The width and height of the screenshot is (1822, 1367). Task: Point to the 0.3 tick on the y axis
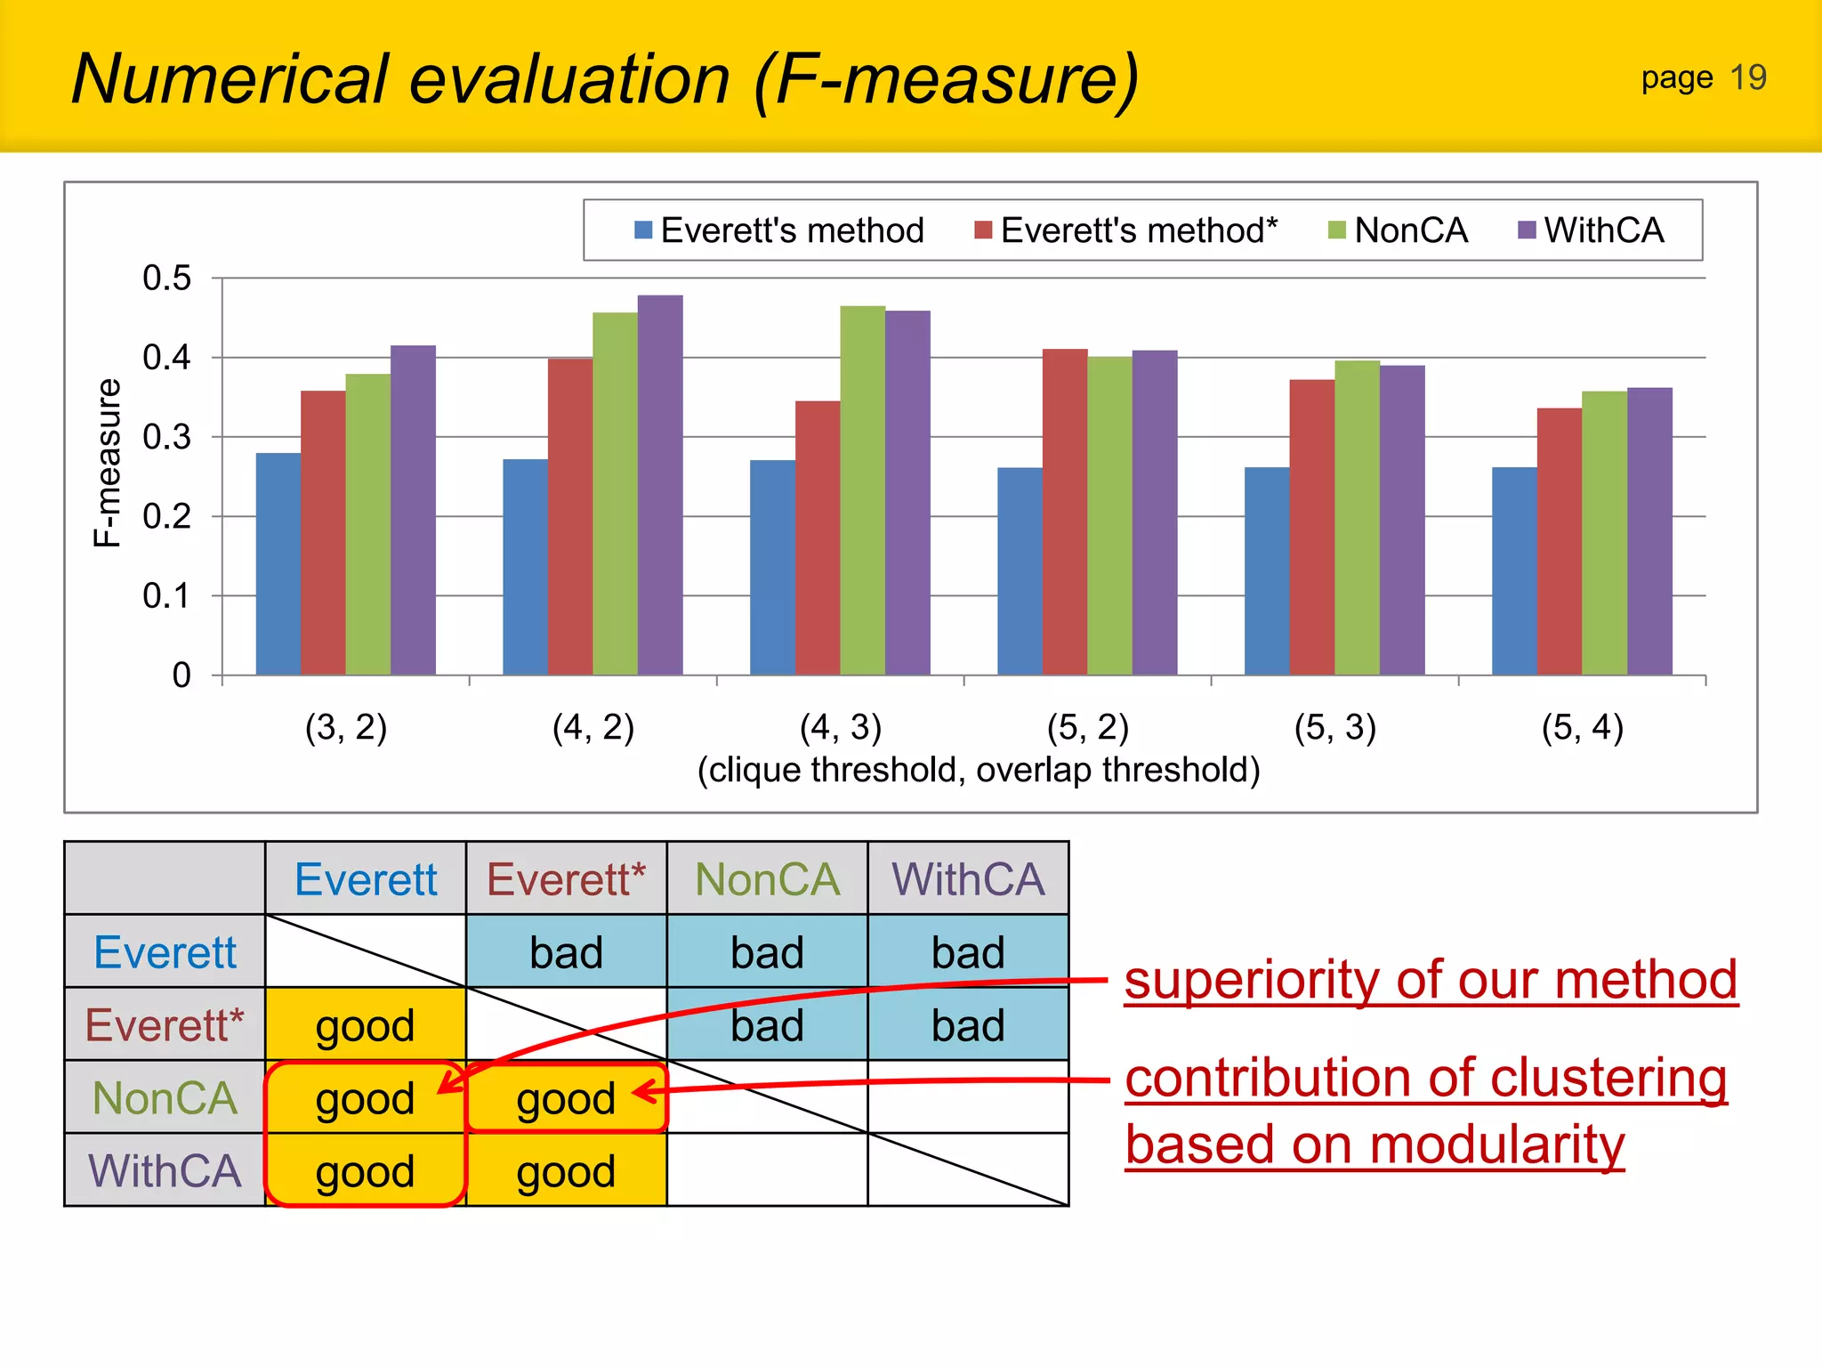167,437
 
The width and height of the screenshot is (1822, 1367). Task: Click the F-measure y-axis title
107,462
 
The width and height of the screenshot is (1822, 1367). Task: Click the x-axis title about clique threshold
978,770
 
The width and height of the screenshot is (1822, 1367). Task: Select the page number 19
1747,78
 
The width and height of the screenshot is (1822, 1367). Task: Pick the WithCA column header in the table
968,879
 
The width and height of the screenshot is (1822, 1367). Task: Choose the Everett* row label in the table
165,1024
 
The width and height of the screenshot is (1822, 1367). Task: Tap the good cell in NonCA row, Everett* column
566,1098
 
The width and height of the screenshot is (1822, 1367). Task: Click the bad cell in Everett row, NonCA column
767,952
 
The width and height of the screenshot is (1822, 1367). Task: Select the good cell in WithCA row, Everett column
365,1171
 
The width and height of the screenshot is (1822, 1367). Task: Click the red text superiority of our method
1430,980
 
